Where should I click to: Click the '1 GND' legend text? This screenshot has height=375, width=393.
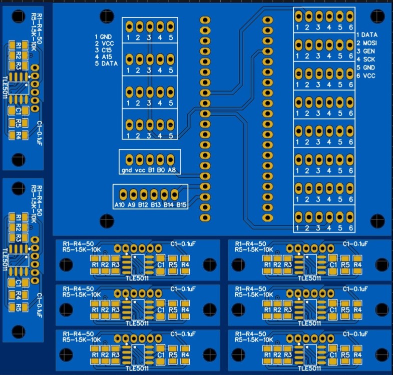coord(104,37)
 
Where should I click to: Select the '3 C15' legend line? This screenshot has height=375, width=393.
coord(104,50)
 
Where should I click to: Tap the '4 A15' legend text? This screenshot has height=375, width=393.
coord(104,57)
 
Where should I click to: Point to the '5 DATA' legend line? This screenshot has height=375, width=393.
coord(106,64)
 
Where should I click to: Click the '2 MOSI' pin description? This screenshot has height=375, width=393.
coord(367,43)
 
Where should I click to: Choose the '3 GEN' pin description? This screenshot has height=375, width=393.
coord(365,51)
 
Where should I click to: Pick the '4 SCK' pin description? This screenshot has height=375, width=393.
coord(365,59)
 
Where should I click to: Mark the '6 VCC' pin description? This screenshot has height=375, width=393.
coord(365,75)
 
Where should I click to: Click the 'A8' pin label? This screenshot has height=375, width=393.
coord(172,170)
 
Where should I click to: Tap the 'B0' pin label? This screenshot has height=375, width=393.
coord(161,170)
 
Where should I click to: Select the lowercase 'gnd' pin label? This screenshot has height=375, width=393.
coord(126,170)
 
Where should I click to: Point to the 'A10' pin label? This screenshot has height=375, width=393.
coord(119,205)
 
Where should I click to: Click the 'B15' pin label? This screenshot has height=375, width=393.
coord(181,205)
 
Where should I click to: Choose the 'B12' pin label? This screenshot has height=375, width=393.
coord(144,205)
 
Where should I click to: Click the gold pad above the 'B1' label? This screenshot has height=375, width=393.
coord(150,159)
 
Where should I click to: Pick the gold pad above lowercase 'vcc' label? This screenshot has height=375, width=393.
coord(140,159)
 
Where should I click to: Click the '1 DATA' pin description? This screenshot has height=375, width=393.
coord(367,35)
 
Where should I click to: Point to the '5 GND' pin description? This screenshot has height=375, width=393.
coord(365,67)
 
